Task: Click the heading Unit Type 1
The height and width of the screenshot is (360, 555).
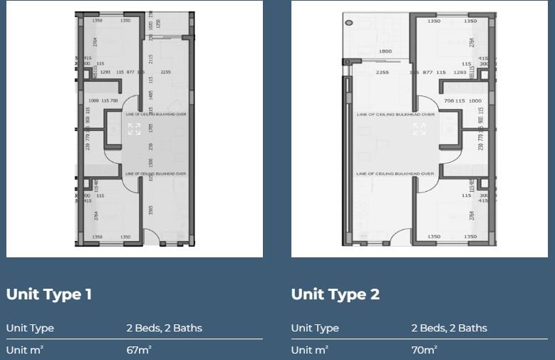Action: pos(49,294)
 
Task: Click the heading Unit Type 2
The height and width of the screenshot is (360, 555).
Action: pos(336,294)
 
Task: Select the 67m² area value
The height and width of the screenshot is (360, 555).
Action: pos(138,350)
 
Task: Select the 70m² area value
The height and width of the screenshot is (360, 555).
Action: pos(424,350)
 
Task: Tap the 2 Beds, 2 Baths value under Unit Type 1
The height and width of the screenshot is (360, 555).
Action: pos(164,328)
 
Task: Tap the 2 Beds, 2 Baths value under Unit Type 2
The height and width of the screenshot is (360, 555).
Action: pos(449,328)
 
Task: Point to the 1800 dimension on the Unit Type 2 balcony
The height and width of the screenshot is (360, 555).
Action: pos(385,51)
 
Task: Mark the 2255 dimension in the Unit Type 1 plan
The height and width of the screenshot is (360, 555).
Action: pos(166,72)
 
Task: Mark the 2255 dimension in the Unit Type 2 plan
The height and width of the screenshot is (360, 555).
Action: pos(382,72)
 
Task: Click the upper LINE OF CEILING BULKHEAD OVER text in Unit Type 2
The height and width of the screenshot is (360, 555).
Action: pos(395,114)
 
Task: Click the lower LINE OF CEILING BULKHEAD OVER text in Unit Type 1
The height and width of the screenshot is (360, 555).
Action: pos(155,173)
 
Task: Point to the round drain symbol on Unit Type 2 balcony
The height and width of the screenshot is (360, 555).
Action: pos(348,22)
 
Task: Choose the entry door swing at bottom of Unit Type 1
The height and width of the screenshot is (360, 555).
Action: pos(152,235)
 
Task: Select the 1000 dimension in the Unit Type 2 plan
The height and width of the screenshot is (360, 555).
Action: pos(475,101)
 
